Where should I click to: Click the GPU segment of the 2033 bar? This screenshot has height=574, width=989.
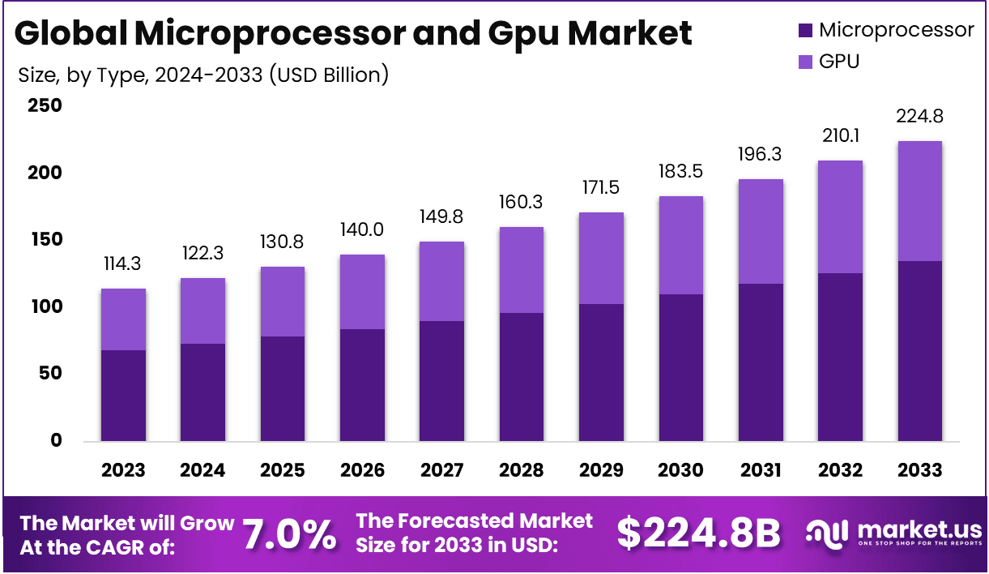point(919,201)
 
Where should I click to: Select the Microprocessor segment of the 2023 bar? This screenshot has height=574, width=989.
point(123,396)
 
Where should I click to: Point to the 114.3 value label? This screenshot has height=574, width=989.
point(123,263)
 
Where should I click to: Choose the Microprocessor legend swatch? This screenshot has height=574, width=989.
point(804,31)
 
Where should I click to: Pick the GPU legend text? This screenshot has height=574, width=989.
point(839,61)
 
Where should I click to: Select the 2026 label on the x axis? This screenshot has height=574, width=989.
point(362,470)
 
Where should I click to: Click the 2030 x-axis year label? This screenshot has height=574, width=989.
point(680,470)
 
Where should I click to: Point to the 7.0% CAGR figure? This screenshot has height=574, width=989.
point(289,534)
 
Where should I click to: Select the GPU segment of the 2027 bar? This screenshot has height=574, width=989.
point(441,281)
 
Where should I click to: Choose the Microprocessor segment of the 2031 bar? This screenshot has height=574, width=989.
point(760,362)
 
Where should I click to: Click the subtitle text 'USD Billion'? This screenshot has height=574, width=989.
point(328,75)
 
